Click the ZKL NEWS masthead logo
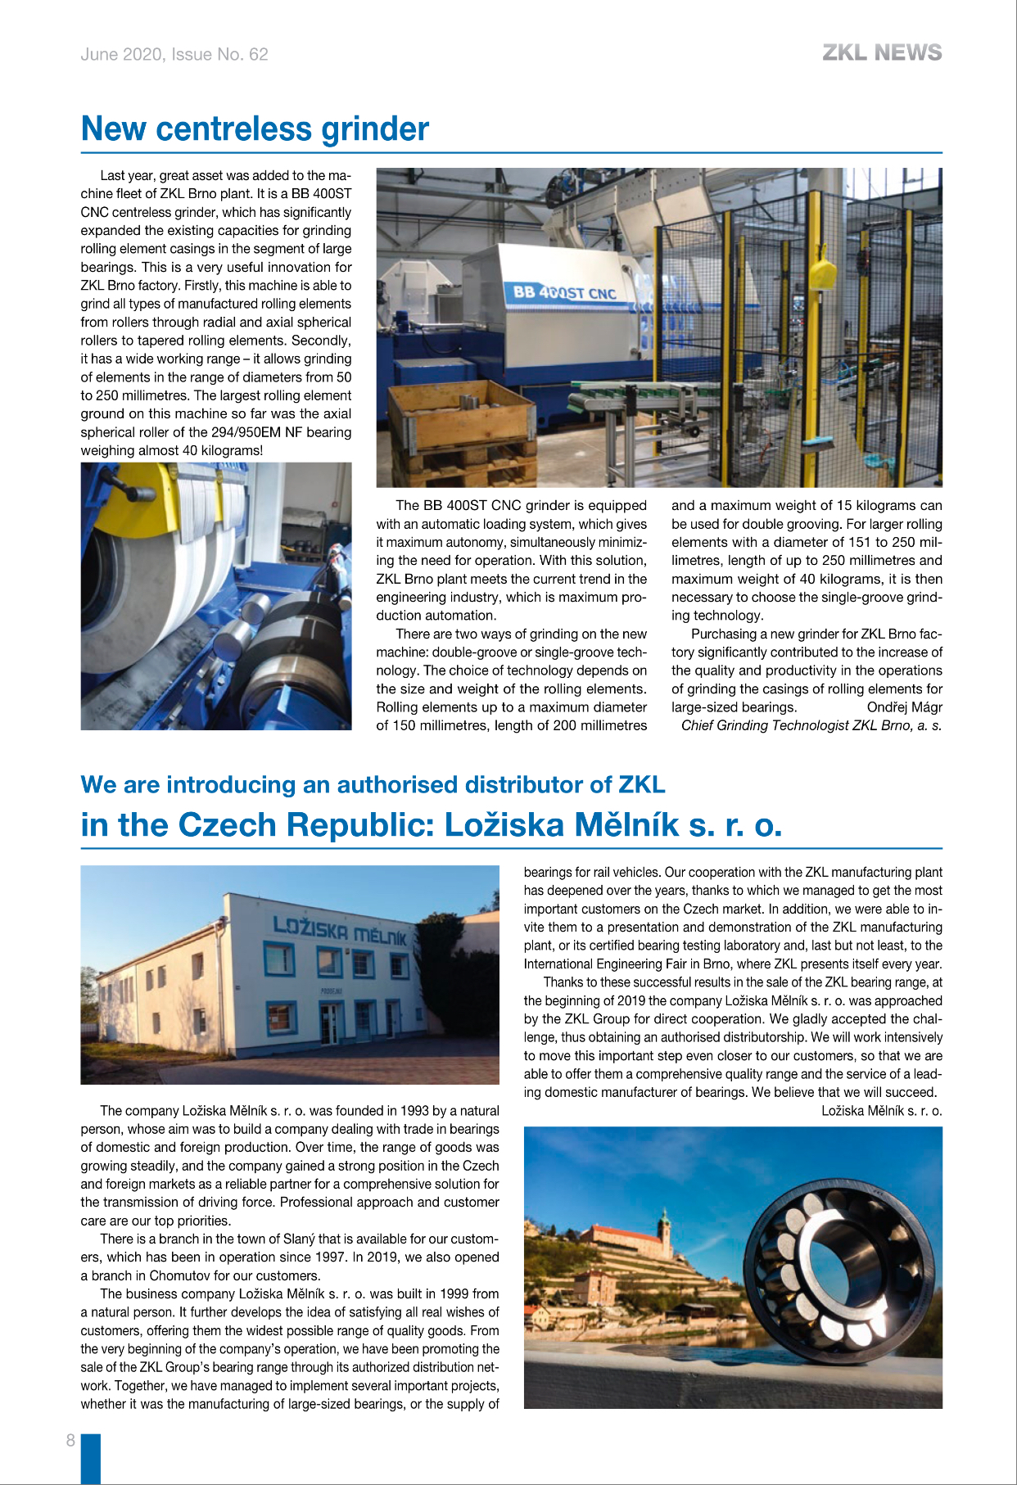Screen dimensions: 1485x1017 tap(882, 53)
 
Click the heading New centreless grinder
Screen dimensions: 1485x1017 tap(255, 129)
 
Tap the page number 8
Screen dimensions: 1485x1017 tap(70, 1440)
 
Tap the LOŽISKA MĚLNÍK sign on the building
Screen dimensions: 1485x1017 tap(340, 929)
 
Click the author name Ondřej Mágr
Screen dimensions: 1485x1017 tap(904, 707)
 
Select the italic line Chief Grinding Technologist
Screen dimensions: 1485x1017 tap(811, 725)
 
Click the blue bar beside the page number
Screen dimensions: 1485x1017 tap(91, 1458)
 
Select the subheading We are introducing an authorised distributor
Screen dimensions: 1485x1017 tap(373, 784)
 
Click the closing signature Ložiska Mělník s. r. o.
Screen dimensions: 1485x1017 tap(881, 1111)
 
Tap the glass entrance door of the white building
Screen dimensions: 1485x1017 tap(328, 1024)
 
